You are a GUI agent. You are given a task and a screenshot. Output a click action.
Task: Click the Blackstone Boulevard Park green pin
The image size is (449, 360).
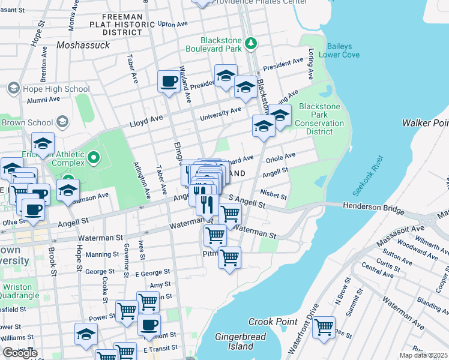pos(251,44)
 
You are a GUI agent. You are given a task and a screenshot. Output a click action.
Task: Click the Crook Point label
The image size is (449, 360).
pos(273,322)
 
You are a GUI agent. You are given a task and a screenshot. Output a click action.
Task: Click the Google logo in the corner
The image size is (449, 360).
pos(20,352)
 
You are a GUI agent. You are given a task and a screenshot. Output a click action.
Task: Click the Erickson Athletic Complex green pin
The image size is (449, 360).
pos(93,158)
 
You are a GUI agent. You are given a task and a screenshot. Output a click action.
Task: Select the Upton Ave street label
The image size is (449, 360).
pos(173,24)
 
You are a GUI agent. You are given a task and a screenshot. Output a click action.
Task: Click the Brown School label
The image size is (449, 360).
pos(28,122)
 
